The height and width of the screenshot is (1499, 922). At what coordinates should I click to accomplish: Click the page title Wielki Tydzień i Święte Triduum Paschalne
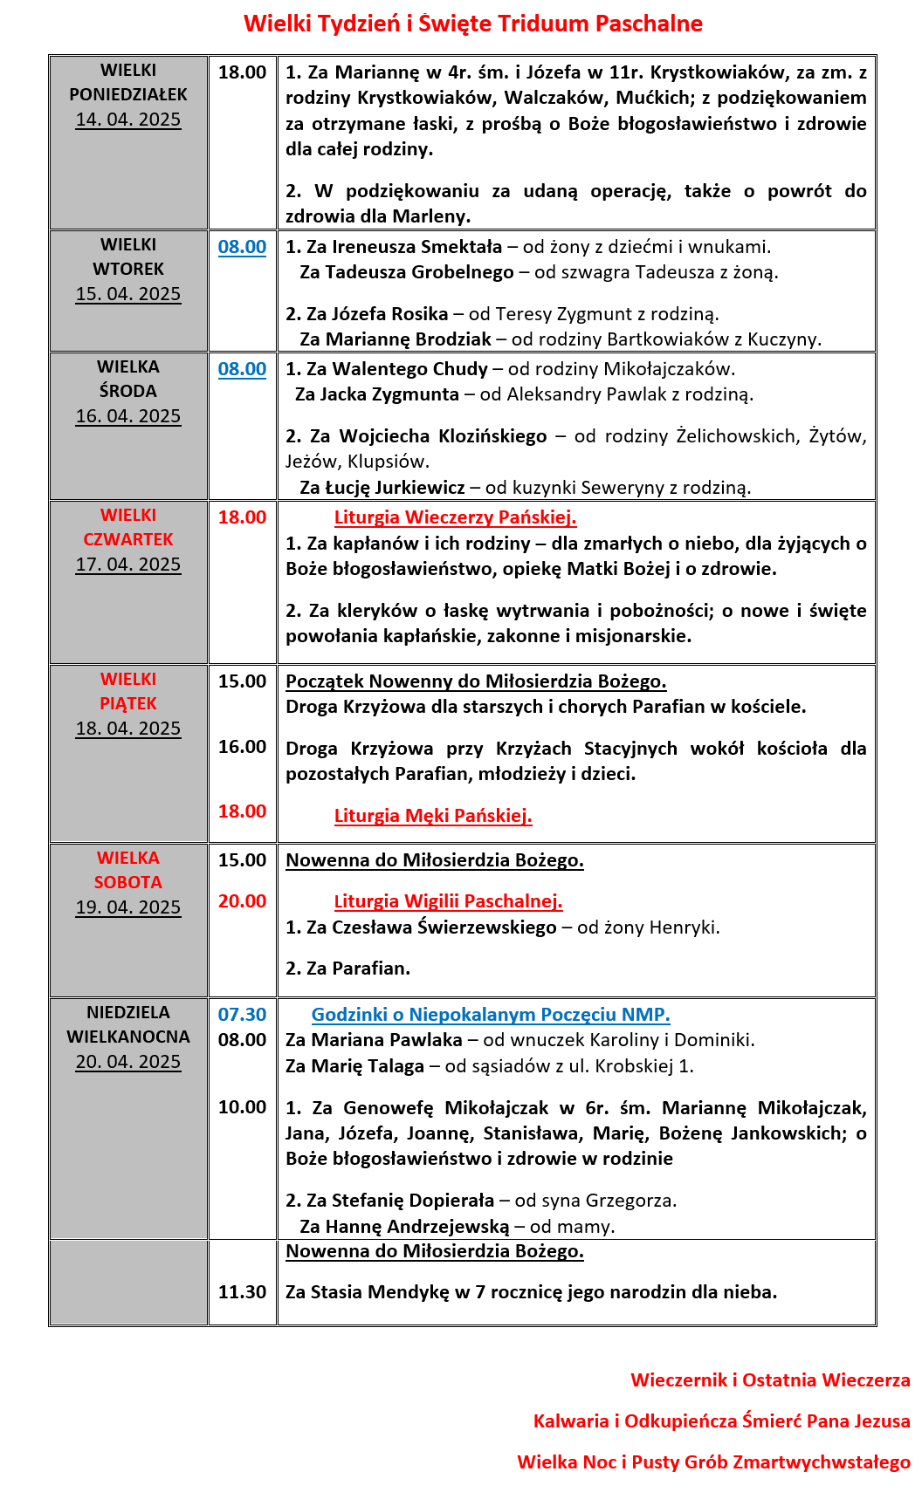coord(472,24)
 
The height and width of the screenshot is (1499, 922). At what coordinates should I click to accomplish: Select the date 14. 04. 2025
coord(128,120)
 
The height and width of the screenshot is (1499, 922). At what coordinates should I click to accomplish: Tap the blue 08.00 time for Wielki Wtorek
coord(242,247)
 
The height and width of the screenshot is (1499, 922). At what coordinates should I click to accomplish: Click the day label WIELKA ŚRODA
coord(128,379)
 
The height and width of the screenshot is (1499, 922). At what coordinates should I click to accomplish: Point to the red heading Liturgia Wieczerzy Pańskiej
coord(455,517)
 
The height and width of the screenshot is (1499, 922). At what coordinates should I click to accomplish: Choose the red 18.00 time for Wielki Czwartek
coord(242,517)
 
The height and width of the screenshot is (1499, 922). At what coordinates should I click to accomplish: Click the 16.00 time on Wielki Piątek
coord(242,747)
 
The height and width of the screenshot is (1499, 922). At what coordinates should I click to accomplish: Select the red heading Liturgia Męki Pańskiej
coord(433,816)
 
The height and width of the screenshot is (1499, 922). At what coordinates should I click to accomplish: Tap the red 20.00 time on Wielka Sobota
coord(242,901)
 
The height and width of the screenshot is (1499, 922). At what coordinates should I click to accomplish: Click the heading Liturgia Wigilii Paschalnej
coord(448,901)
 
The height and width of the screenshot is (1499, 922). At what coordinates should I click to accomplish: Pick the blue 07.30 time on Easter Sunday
coord(242,1015)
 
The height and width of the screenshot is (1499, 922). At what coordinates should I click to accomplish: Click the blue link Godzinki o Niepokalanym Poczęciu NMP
coord(491,1015)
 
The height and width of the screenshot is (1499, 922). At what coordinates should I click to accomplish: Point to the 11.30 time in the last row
coord(242,1292)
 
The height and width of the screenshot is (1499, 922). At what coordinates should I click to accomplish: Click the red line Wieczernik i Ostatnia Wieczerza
coord(770,1380)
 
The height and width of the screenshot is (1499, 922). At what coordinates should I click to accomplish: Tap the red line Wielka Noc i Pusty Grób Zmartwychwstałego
coord(713,1462)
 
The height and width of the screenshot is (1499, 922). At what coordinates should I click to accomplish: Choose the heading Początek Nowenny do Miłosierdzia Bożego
coord(476,681)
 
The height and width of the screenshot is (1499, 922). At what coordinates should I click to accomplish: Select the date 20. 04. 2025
coord(128,1062)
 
